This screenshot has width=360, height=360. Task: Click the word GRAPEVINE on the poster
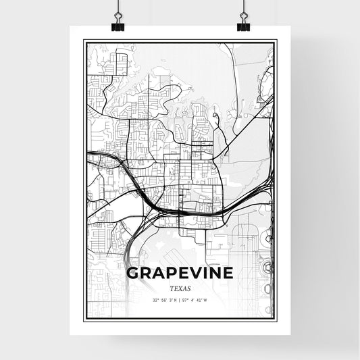(x=180, y=274)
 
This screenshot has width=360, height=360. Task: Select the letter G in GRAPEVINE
(x=130, y=274)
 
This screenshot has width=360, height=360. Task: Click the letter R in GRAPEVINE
(x=144, y=274)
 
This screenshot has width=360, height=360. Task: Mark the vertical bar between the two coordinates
(x=180, y=299)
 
